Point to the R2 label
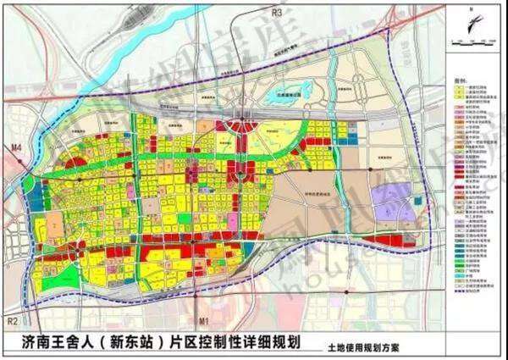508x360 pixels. click(x=11, y=321)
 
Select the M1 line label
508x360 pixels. click(x=202, y=321)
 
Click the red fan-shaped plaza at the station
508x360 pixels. click(x=246, y=127)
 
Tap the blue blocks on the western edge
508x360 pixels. click(x=34, y=203)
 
